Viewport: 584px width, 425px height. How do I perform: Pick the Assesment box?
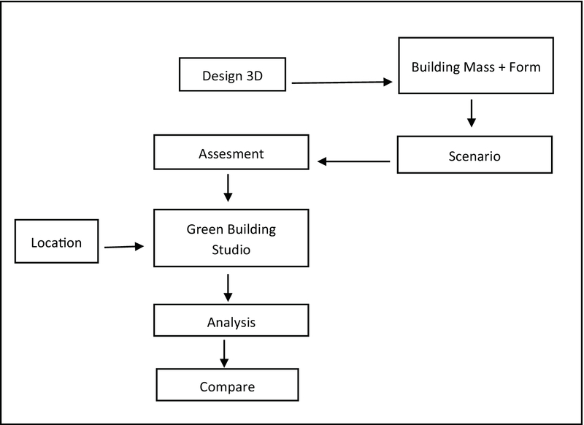coord(231,155)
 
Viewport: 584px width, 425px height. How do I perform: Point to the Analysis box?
coord(231,321)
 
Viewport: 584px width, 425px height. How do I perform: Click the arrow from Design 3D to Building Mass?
coord(342,83)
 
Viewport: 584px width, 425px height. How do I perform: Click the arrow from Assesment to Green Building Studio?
coord(228,187)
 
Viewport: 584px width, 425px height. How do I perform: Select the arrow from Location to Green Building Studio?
coord(125,247)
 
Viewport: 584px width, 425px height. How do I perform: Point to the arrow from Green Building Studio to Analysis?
coord(228,286)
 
